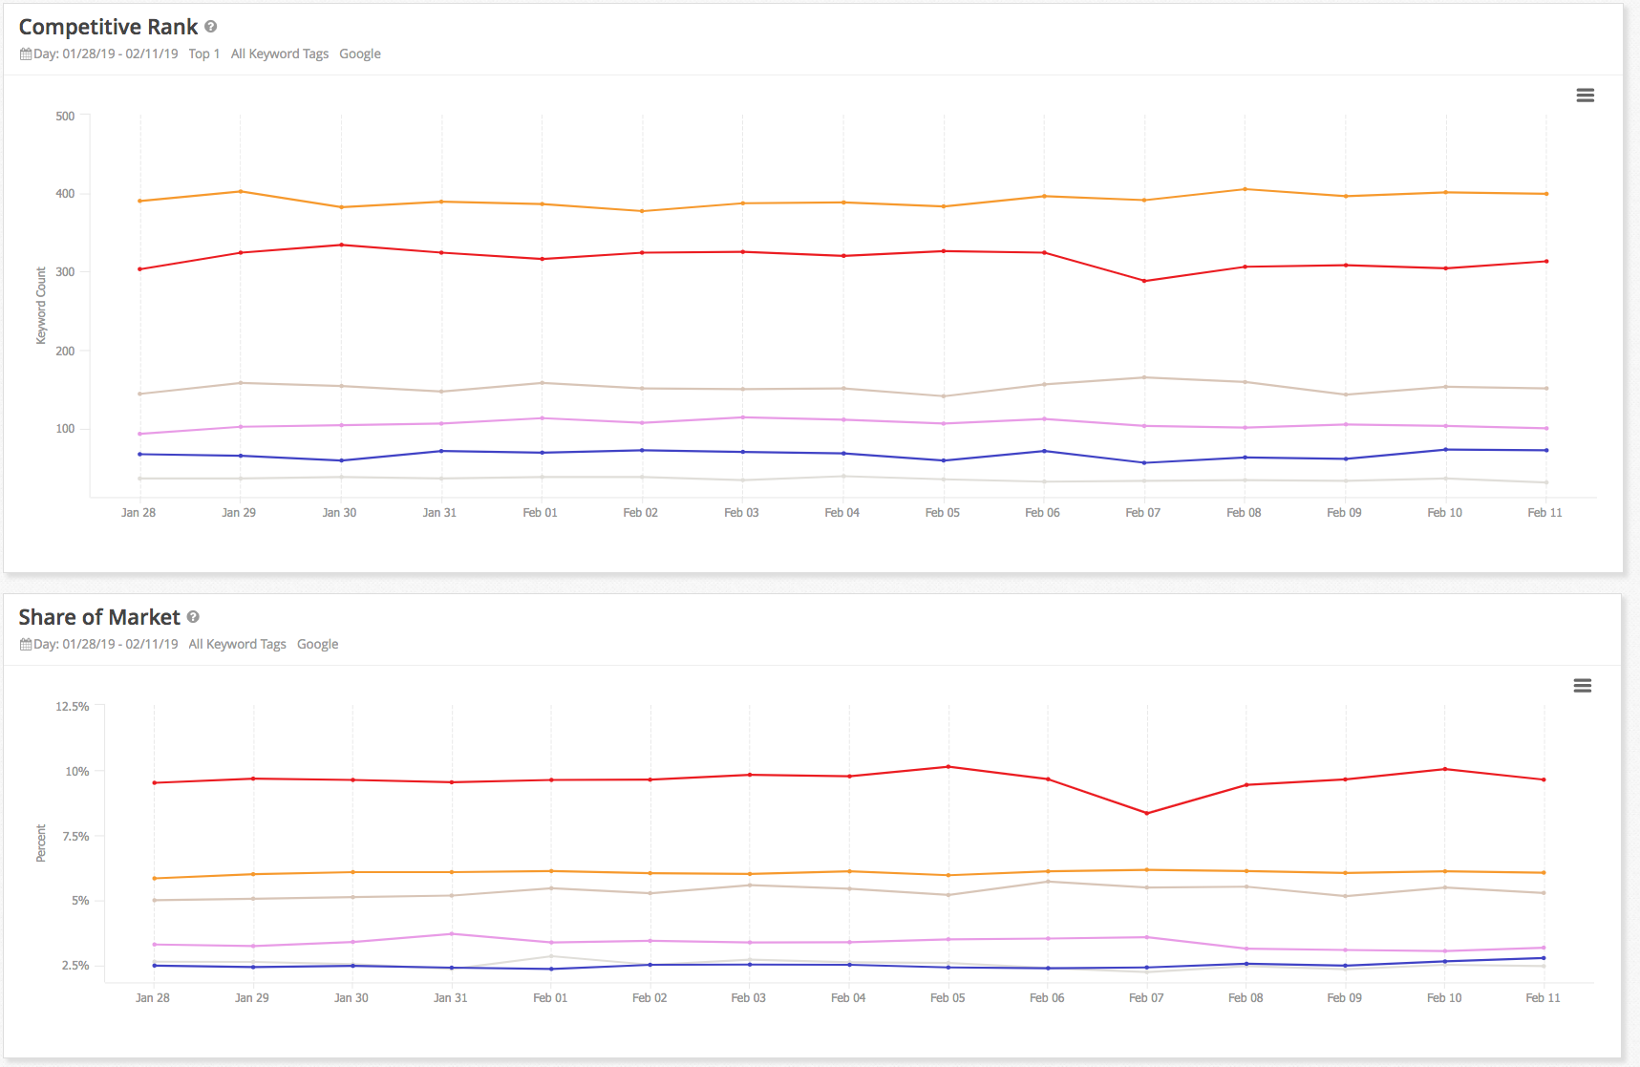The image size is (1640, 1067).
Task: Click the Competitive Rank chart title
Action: click(108, 27)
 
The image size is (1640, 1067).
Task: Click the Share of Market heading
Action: click(99, 617)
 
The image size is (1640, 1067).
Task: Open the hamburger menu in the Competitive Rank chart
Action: click(1585, 96)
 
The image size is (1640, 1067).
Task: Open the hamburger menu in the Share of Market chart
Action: click(1582, 686)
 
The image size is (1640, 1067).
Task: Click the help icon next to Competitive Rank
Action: click(211, 27)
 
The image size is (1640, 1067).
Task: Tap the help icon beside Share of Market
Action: click(193, 617)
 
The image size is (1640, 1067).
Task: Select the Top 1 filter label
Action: click(203, 53)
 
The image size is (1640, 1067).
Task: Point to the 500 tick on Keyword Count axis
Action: click(65, 117)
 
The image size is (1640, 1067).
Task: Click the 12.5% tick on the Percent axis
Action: click(72, 707)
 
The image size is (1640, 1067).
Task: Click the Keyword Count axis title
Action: click(41, 306)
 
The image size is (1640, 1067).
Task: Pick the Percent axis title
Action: click(41, 843)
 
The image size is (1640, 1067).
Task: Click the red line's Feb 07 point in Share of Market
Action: click(1146, 813)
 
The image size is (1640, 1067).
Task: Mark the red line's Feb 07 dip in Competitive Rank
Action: click(1144, 281)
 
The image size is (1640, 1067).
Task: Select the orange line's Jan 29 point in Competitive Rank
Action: click(241, 192)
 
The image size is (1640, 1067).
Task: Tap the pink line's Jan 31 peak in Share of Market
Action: click(452, 933)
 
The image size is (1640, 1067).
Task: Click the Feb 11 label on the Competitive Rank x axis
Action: click(1544, 513)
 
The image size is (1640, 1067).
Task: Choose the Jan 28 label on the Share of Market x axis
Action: click(153, 997)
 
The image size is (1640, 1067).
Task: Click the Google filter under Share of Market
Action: click(317, 644)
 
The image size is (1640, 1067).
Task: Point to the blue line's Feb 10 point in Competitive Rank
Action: click(1445, 450)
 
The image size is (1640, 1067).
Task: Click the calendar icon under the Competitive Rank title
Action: click(26, 54)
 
